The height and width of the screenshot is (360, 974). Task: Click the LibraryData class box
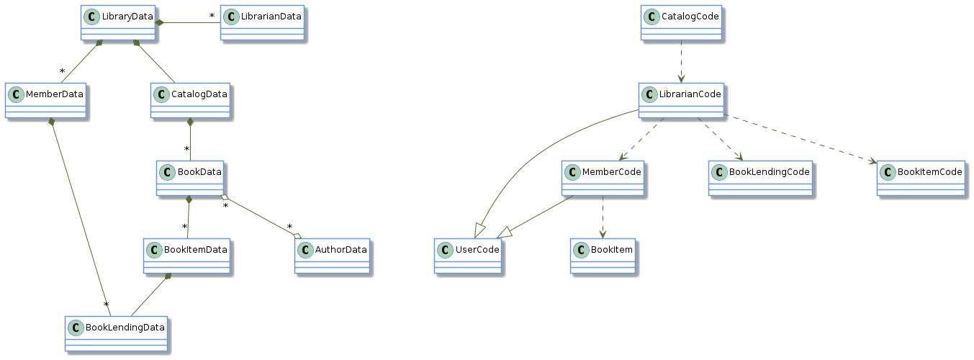pyautogui.click(x=119, y=22)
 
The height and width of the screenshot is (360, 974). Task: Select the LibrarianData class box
pyautogui.click(x=263, y=22)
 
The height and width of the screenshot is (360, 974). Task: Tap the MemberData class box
pyautogui.click(x=46, y=100)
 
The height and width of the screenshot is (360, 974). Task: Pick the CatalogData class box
pyautogui.click(x=191, y=100)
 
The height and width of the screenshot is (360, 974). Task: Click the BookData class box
pyautogui.click(x=191, y=178)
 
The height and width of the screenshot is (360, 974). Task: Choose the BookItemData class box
pyautogui.click(x=187, y=256)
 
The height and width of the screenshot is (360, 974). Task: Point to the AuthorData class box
pyautogui.click(x=333, y=256)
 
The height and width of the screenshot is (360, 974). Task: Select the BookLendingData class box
pyautogui.click(x=117, y=333)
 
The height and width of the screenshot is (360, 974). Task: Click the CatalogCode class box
pyautogui.click(x=680, y=22)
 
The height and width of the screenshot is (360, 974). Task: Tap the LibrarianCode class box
pyautogui.click(x=681, y=100)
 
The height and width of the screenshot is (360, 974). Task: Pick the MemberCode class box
pyautogui.click(x=603, y=178)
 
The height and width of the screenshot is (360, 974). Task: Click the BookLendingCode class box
pyautogui.click(x=760, y=178)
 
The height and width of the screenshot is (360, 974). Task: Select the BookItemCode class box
pyautogui.click(x=921, y=178)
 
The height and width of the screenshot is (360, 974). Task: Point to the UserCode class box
pyautogui.click(x=468, y=256)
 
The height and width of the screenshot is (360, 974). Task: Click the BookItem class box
pyautogui.click(x=603, y=256)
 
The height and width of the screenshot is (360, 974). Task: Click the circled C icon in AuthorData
pyautogui.click(x=306, y=249)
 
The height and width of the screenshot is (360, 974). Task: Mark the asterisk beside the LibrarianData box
pyautogui.click(x=212, y=16)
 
